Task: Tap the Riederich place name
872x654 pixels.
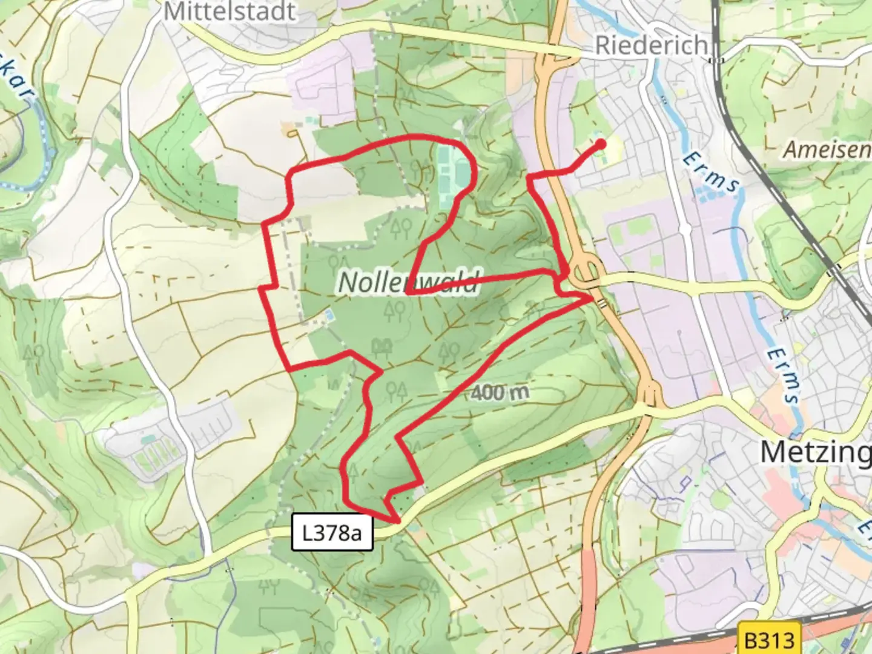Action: coord(651,45)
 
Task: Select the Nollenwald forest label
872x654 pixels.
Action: coord(408,282)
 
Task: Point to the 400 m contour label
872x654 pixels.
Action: coord(500,393)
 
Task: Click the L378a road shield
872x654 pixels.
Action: coord(332,533)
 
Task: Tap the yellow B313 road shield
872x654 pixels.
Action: coord(768,639)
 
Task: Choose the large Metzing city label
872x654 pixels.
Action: coord(815,452)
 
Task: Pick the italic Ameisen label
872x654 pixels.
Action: coord(827,150)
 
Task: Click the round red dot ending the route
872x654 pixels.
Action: coord(601,144)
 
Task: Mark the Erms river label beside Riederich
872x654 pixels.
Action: coord(711,173)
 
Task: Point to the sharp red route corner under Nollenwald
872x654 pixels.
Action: coord(408,292)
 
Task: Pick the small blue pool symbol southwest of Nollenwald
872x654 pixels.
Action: coord(329,315)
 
